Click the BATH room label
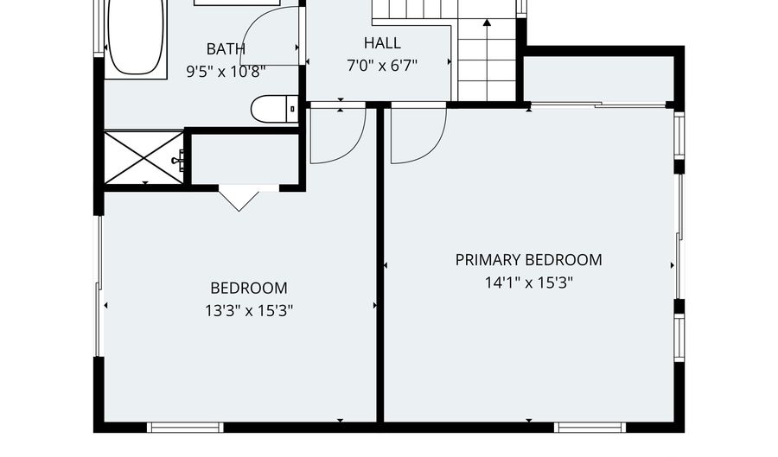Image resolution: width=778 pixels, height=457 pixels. (226, 49)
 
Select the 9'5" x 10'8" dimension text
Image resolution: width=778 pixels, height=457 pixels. (226, 72)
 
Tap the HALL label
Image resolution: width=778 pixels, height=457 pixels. (382, 43)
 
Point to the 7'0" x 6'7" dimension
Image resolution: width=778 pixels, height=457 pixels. (382, 66)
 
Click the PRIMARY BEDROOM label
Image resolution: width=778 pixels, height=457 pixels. (529, 260)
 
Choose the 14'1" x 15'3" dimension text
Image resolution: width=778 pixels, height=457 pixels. (529, 282)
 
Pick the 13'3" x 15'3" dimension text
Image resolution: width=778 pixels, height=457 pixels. (249, 311)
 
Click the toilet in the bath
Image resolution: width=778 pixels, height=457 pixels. (274, 109)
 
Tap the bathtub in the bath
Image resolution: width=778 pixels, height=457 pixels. (136, 37)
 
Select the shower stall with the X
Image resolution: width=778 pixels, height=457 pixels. (143, 158)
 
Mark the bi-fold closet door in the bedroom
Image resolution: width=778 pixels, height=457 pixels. (239, 199)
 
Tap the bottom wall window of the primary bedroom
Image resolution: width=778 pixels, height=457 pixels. (590, 427)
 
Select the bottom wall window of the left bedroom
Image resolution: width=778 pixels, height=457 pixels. (186, 427)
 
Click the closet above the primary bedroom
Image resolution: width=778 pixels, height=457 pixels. (599, 79)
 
